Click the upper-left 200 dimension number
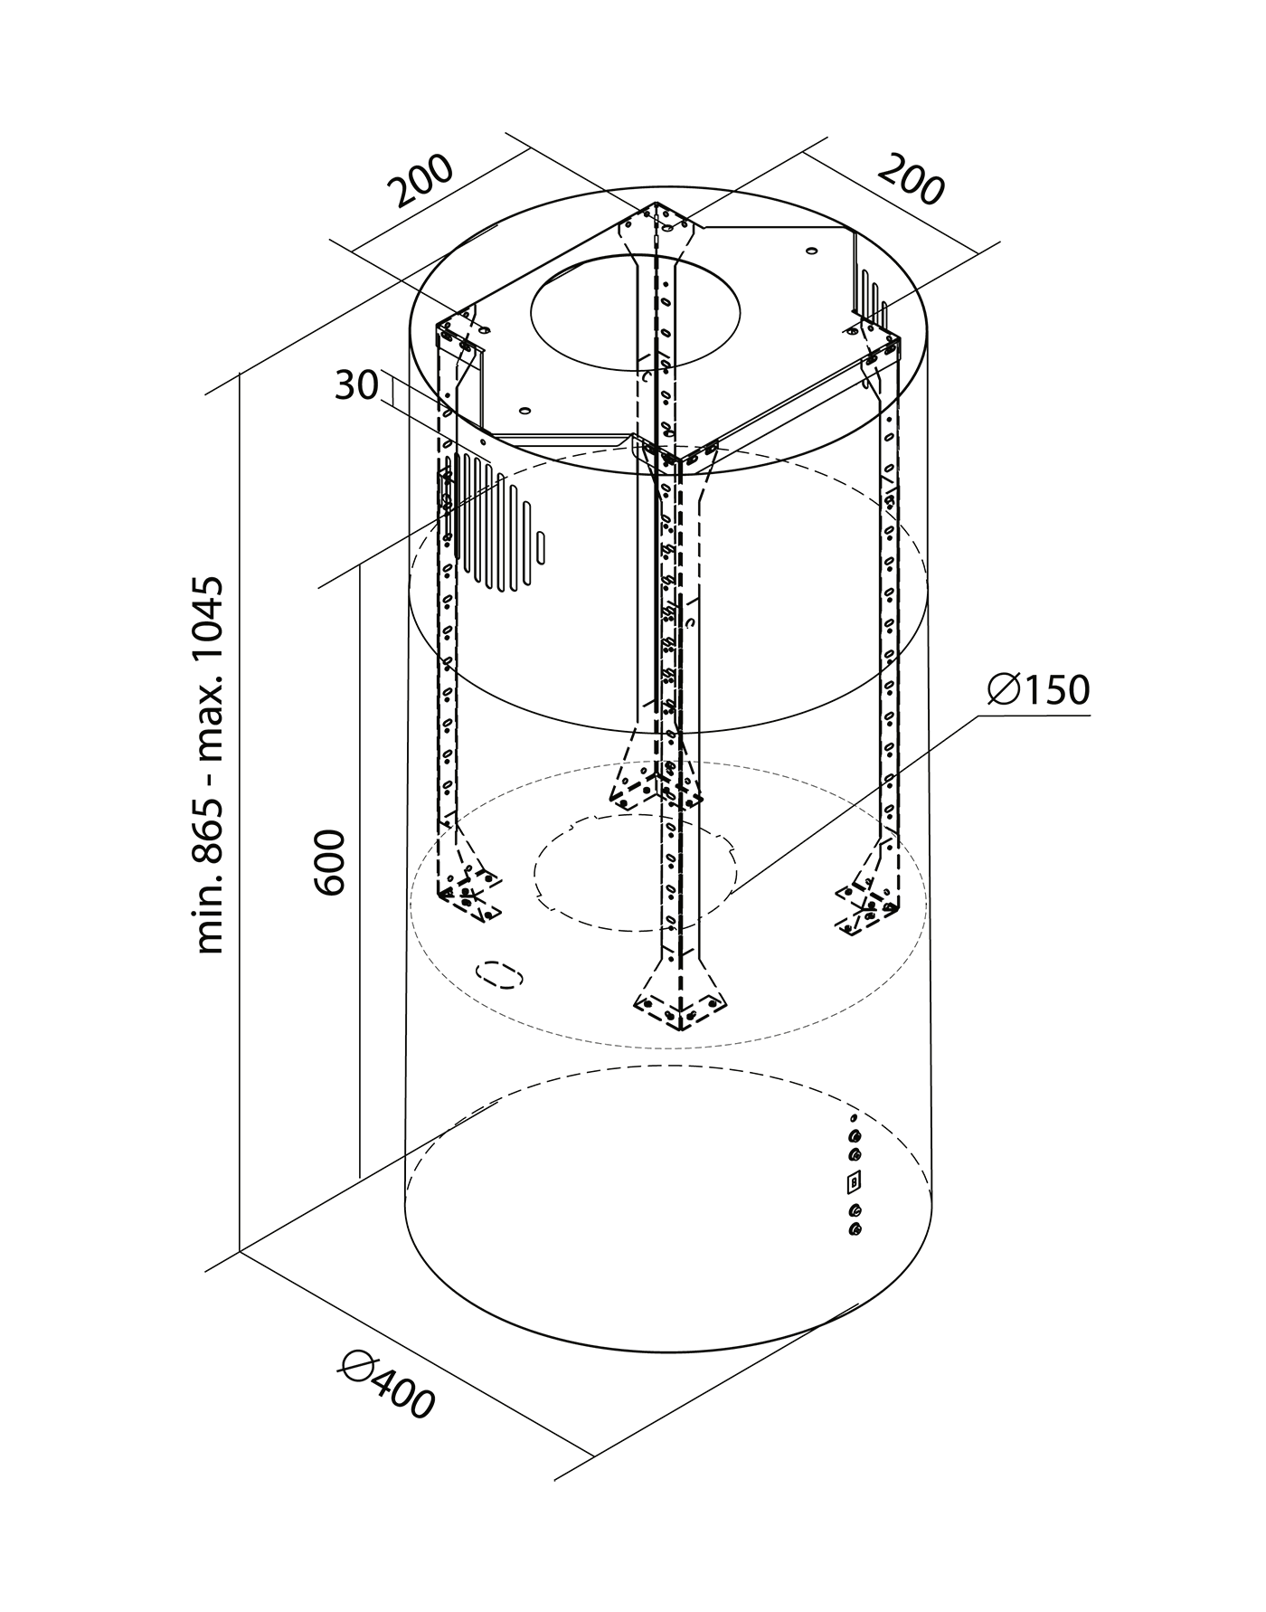(x=422, y=182)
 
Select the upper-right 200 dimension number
(x=911, y=179)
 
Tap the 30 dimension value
(x=355, y=386)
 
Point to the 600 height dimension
(x=331, y=861)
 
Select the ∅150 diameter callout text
(x=1038, y=689)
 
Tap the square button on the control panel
(x=854, y=1181)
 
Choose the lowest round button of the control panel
(x=855, y=1228)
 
